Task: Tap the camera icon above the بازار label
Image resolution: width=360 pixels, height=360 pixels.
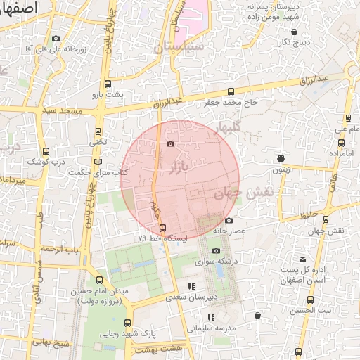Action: [x=170, y=144]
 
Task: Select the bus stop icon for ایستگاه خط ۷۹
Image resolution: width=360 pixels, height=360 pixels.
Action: [x=163, y=227]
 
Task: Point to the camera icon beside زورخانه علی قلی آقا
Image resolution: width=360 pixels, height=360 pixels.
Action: [x=56, y=39]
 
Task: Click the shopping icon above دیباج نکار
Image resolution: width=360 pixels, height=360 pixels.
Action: [x=295, y=31]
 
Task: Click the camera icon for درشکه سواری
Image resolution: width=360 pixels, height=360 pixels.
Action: [x=216, y=251]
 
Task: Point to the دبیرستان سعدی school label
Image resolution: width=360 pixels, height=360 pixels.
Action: [x=191, y=297]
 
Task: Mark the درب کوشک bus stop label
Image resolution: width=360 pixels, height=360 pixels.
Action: [x=46, y=162]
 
